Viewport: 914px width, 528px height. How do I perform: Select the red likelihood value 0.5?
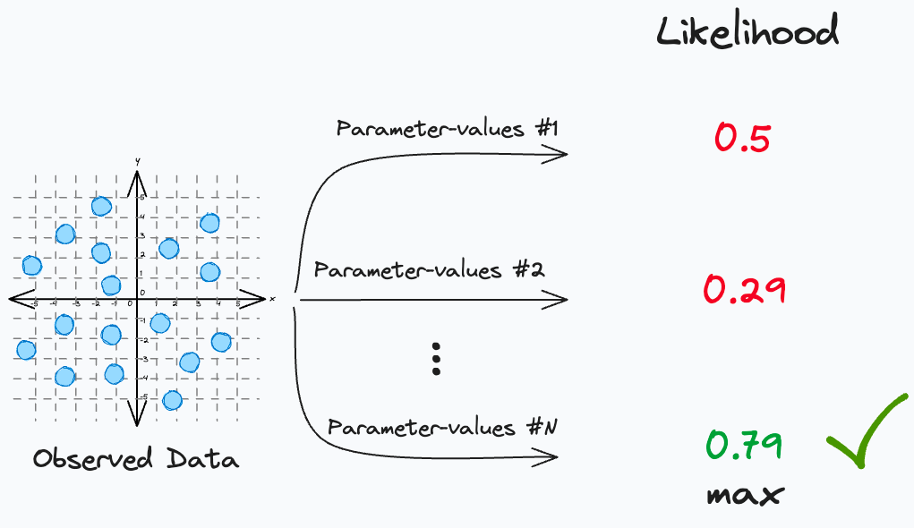[742, 138]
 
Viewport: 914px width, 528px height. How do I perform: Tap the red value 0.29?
[744, 290]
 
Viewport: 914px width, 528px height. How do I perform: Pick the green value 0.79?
[744, 445]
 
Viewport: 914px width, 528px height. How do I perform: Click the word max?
[745, 495]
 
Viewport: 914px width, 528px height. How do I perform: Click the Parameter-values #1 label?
[447, 129]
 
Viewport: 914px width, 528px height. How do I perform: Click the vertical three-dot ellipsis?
[437, 358]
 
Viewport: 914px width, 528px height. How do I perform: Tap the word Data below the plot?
[202, 460]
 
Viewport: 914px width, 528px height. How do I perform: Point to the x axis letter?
[271, 299]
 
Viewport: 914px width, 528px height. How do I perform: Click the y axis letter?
[136, 161]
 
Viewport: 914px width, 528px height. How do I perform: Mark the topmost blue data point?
[102, 207]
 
